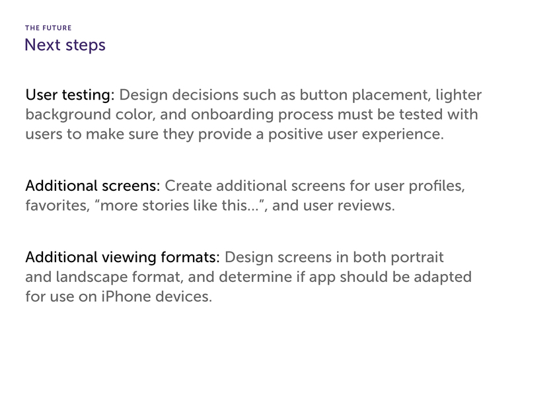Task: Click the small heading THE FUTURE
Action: (x=48, y=28)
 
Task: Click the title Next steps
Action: (x=65, y=46)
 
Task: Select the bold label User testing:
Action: (x=70, y=95)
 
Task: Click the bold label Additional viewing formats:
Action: (x=122, y=258)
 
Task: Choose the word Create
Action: (x=188, y=186)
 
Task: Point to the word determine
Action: (x=256, y=277)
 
